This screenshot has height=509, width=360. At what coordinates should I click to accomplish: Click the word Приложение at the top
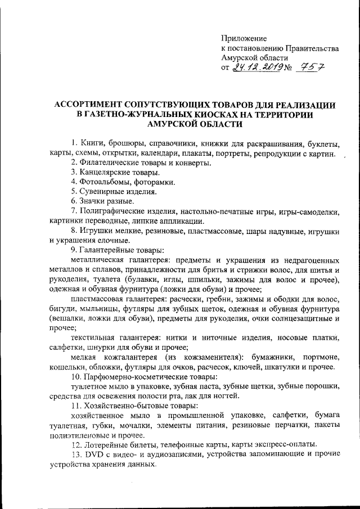pyautogui.click(x=242, y=38)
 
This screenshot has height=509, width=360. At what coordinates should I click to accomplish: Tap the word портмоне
pyautogui.click(x=319, y=358)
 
